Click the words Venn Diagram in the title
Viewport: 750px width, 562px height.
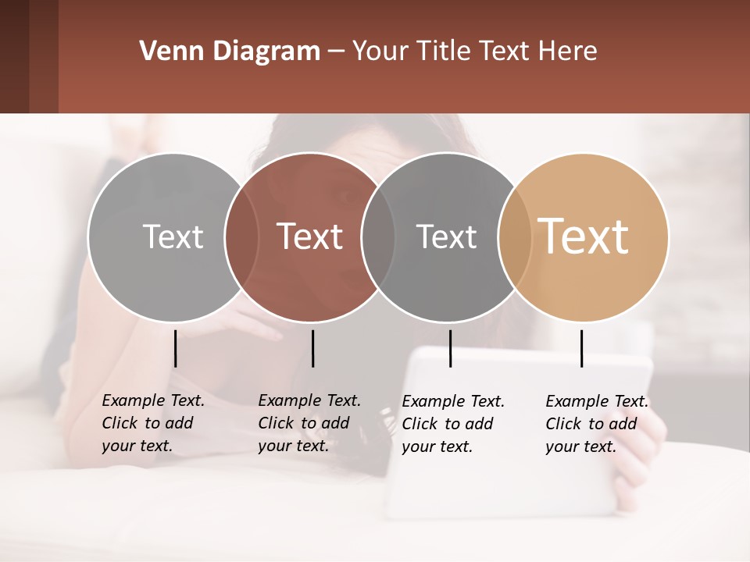[x=229, y=52]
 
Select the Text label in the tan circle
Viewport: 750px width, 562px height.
[x=583, y=236]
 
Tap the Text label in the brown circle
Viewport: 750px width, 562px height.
[x=310, y=237]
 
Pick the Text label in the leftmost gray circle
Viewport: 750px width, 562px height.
[x=173, y=237]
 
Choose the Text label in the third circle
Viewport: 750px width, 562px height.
[x=446, y=237]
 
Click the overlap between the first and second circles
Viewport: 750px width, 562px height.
[x=241, y=237]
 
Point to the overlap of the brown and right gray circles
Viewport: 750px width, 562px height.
[x=378, y=237]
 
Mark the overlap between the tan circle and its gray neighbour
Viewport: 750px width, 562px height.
[x=515, y=237]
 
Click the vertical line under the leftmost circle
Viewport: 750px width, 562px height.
[x=175, y=348]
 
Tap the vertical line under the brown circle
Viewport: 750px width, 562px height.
[x=312, y=348]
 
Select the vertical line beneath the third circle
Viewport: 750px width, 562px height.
[x=450, y=348]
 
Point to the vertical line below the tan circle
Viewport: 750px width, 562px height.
[x=581, y=348]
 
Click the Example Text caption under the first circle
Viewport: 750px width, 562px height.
[x=153, y=423]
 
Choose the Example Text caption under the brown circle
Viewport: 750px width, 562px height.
[x=309, y=423]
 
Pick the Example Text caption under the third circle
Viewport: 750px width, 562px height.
[x=453, y=424]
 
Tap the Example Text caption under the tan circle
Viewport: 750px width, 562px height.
[x=597, y=424]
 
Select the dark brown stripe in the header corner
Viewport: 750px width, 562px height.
[x=14, y=56]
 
